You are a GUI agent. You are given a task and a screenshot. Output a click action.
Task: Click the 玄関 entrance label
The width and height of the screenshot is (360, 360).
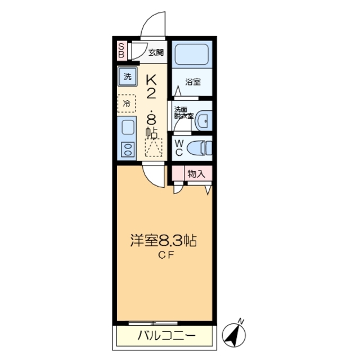pos(156,53)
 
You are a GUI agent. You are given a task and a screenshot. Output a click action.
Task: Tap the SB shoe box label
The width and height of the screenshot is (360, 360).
pos(121,51)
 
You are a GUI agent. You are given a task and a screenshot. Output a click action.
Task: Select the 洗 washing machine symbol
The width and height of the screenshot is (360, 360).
pos(127,75)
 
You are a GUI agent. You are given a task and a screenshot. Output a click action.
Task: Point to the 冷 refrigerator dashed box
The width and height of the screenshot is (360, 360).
pos(127,103)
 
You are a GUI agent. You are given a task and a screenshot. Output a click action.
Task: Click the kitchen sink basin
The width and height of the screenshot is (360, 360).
pos(127,128)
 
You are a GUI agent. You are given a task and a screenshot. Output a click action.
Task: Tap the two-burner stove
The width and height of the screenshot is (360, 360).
pos(127,150)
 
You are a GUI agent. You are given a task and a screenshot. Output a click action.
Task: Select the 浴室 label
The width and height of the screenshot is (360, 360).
pos(193,82)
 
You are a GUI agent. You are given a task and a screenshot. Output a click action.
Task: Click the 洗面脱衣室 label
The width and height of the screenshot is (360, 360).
pos(183,112)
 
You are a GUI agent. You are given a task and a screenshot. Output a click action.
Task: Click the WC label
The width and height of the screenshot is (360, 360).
pos(178,147)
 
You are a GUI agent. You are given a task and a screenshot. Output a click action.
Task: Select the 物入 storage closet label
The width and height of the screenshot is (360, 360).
pos(196,174)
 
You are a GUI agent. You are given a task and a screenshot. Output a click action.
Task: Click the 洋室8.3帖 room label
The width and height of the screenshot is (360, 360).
pos(163,241)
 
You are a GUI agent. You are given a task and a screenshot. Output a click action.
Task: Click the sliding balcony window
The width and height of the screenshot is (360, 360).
pos(152,323)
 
